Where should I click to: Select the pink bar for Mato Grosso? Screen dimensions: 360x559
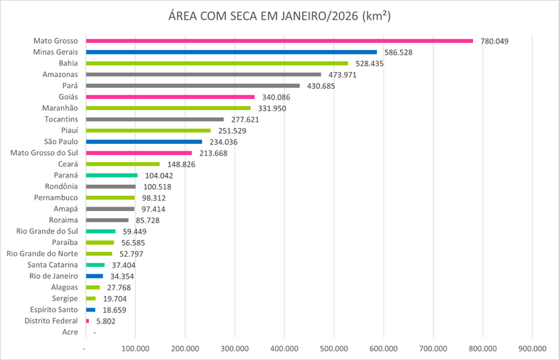click(279, 41)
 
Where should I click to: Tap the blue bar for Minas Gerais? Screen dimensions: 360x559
click(231, 52)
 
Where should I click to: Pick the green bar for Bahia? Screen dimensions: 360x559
click(217, 63)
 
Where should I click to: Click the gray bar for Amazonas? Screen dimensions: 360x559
click(203, 74)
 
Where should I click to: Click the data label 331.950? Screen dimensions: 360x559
click(271, 108)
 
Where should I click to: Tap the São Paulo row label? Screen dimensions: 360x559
click(63, 142)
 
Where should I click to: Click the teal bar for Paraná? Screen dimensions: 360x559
click(111, 175)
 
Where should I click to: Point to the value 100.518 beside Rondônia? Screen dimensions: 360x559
click(156, 187)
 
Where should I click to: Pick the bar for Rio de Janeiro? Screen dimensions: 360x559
click(95, 276)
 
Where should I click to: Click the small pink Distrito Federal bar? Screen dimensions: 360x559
click(87, 321)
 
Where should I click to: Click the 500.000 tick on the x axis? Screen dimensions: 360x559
click(334, 348)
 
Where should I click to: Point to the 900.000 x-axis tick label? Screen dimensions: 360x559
click(532, 348)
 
